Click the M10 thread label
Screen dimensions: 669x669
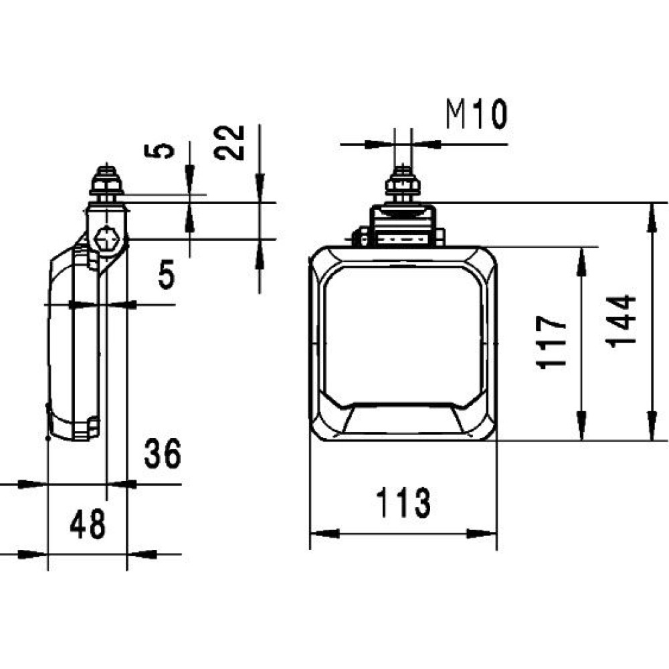coord(476,114)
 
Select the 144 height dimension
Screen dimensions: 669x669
coord(621,322)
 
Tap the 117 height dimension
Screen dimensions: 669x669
coord(551,342)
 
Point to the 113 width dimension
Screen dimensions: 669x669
coord(403,502)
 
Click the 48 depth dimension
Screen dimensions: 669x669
coord(88,524)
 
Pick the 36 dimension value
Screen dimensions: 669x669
coord(163,453)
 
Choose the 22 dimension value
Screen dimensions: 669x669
coord(229,142)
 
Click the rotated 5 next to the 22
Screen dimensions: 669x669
coord(160,151)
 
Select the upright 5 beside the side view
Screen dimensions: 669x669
coord(167,274)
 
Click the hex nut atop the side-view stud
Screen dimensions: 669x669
coord(106,187)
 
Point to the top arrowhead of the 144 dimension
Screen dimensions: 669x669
coord(652,217)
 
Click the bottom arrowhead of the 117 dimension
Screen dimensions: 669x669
coord(581,425)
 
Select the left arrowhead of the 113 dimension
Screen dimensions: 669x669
coord(324,533)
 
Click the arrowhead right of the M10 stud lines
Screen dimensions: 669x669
coord(426,145)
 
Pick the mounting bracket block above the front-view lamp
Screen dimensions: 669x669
coord(403,226)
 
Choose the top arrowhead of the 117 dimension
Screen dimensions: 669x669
coord(581,262)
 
